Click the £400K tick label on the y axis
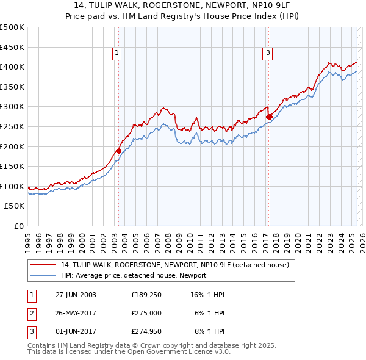(12, 67)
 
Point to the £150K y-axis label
(12, 166)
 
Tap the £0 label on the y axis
(18, 226)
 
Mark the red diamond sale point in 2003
(118, 151)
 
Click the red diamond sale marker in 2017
(268, 117)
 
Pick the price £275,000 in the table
(146, 313)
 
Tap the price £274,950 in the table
(146, 332)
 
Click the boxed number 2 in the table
(31, 313)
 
